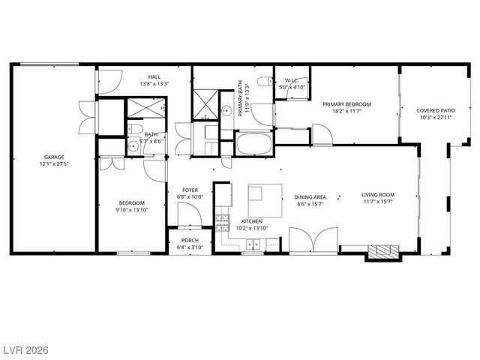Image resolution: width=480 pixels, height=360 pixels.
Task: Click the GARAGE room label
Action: (52, 157)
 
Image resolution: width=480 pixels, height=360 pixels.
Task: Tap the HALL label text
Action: (154, 76)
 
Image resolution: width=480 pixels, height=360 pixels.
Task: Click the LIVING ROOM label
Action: (378, 194)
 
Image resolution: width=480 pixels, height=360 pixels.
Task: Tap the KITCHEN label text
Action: (251, 222)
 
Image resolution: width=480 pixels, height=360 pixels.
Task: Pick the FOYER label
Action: (190, 190)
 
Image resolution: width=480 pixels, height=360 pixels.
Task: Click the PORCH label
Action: (190, 241)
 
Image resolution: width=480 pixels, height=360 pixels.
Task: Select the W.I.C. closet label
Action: (292, 80)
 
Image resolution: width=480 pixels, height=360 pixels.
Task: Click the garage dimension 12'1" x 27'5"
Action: (52, 163)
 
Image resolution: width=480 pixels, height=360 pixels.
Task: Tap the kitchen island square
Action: (265, 200)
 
